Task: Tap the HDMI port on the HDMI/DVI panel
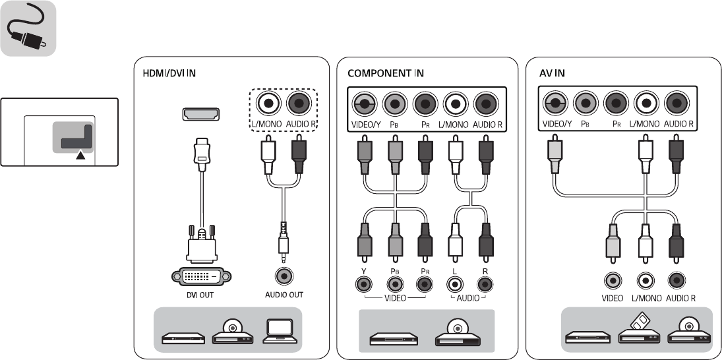[x=200, y=114]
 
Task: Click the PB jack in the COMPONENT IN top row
[x=394, y=104]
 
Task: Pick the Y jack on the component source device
[x=362, y=285]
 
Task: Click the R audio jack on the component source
[x=485, y=285]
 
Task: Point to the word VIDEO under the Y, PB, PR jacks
[x=394, y=298]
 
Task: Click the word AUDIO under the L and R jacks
[x=469, y=298]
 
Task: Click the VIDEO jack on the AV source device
[x=613, y=280]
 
